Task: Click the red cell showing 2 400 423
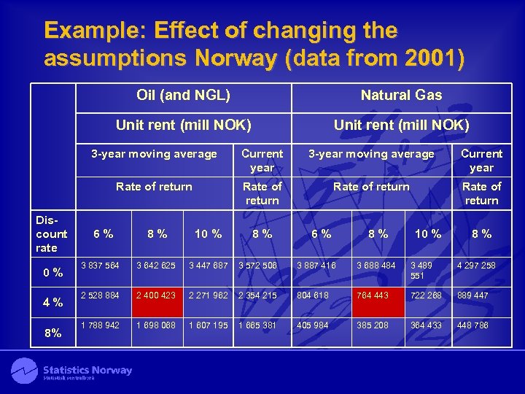pos(154,295)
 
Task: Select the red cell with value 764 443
pos(376,295)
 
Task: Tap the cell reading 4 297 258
pos(481,266)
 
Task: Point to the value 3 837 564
pos(101,266)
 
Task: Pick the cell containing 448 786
pos(481,325)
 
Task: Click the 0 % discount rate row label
pos(52,273)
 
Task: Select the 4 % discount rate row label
pos(52,302)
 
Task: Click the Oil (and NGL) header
pos(183,95)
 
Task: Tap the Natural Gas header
pos(401,95)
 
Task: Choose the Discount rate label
pos(51,233)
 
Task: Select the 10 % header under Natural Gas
pos(428,234)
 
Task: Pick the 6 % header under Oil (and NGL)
pos(103,234)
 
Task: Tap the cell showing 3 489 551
pos(427,271)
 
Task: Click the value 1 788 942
pos(101,325)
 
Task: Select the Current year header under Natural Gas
pos(481,161)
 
